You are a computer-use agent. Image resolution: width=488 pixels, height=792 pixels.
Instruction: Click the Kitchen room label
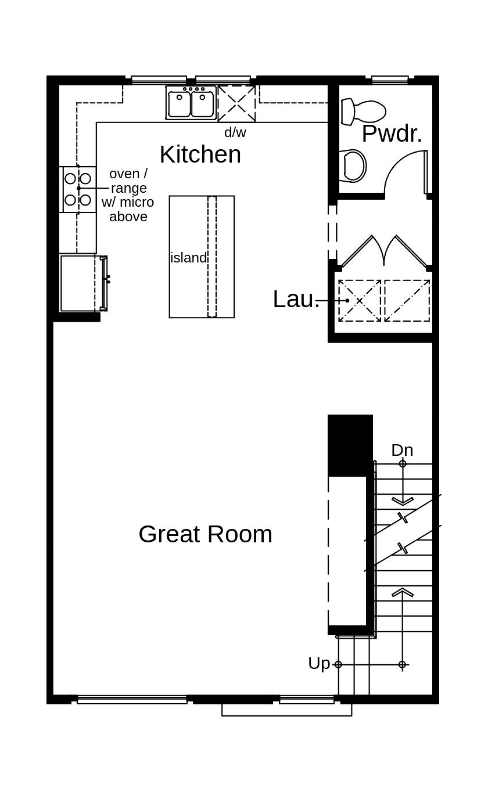(200, 154)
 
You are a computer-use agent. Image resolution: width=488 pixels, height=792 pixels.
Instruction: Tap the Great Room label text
(205, 534)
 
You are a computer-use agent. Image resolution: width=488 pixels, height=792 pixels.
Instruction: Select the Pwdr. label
(392, 134)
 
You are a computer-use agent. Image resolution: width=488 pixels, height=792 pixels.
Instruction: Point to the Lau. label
(296, 300)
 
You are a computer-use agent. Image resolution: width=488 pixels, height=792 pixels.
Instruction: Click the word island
(188, 258)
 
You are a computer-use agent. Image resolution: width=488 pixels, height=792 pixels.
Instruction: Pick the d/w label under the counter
(235, 132)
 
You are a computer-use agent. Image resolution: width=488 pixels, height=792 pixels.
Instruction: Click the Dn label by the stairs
(402, 450)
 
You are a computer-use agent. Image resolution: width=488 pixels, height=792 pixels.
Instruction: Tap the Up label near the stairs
(319, 663)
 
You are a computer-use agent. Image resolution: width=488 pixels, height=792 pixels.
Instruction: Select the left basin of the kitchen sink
(179, 105)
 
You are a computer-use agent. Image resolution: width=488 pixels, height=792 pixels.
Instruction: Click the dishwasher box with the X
(236, 103)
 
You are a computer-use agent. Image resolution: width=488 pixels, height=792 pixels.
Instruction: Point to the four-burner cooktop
(78, 189)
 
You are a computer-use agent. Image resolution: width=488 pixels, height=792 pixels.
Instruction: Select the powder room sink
(353, 166)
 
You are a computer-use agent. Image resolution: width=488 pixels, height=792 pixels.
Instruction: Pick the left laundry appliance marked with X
(360, 301)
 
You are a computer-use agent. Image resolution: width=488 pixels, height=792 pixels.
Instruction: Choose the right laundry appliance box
(407, 301)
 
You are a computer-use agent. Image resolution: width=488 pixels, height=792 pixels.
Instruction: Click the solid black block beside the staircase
(350, 445)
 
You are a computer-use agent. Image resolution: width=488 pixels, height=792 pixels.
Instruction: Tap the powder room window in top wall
(390, 80)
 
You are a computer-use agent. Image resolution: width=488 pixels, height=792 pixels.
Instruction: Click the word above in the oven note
(128, 217)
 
